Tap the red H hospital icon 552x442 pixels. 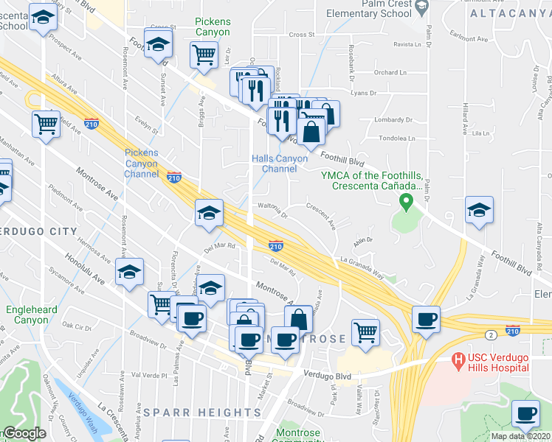click(458, 360)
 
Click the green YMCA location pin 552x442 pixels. click(405, 200)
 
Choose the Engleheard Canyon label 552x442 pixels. click(31, 315)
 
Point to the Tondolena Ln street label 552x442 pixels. click(396, 138)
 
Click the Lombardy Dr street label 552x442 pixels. click(390, 119)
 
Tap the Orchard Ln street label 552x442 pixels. click(390, 72)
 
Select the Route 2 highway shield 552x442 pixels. click(490, 335)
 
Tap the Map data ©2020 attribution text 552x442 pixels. click(520, 436)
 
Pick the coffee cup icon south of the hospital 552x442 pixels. click(525, 415)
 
